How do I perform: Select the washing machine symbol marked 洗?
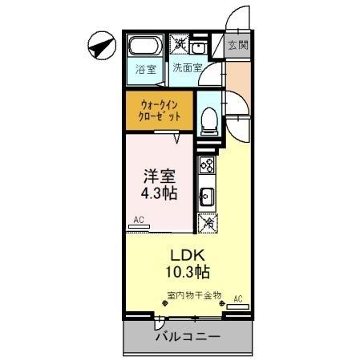pos(180,44)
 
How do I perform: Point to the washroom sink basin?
pos(200,47)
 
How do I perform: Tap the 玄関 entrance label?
pos(237,46)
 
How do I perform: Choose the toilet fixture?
pos(208,119)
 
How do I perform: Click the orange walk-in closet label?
pos(160,111)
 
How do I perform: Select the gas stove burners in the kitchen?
pos(207,166)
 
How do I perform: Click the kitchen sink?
pos(206,195)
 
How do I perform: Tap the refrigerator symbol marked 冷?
pos(208,224)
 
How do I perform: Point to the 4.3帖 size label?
pos(160,193)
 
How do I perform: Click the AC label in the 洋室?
pos(138,219)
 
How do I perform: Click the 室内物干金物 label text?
pos(194,295)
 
